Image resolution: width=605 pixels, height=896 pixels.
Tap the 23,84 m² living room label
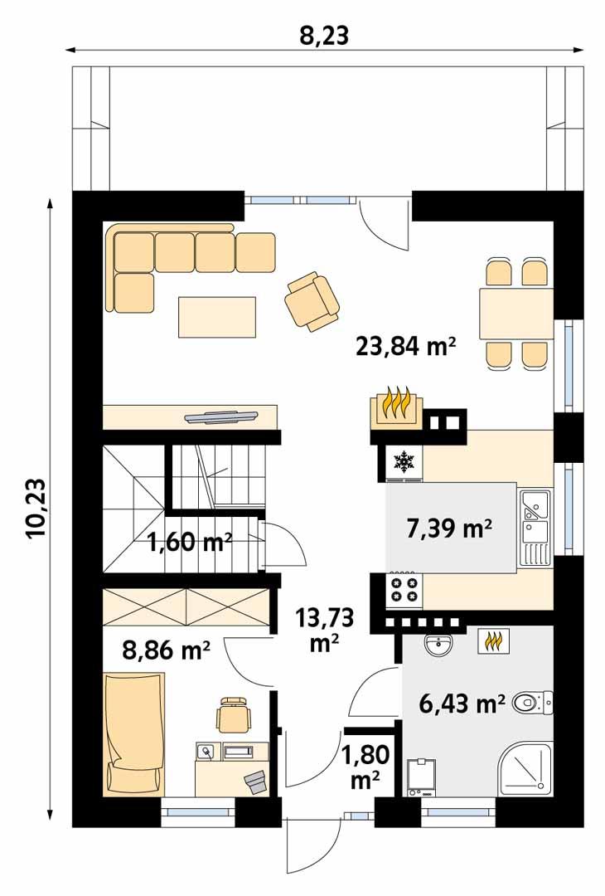(x=406, y=346)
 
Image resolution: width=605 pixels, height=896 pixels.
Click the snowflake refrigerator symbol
(x=404, y=462)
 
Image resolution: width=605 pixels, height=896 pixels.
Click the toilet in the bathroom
(x=530, y=704)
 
